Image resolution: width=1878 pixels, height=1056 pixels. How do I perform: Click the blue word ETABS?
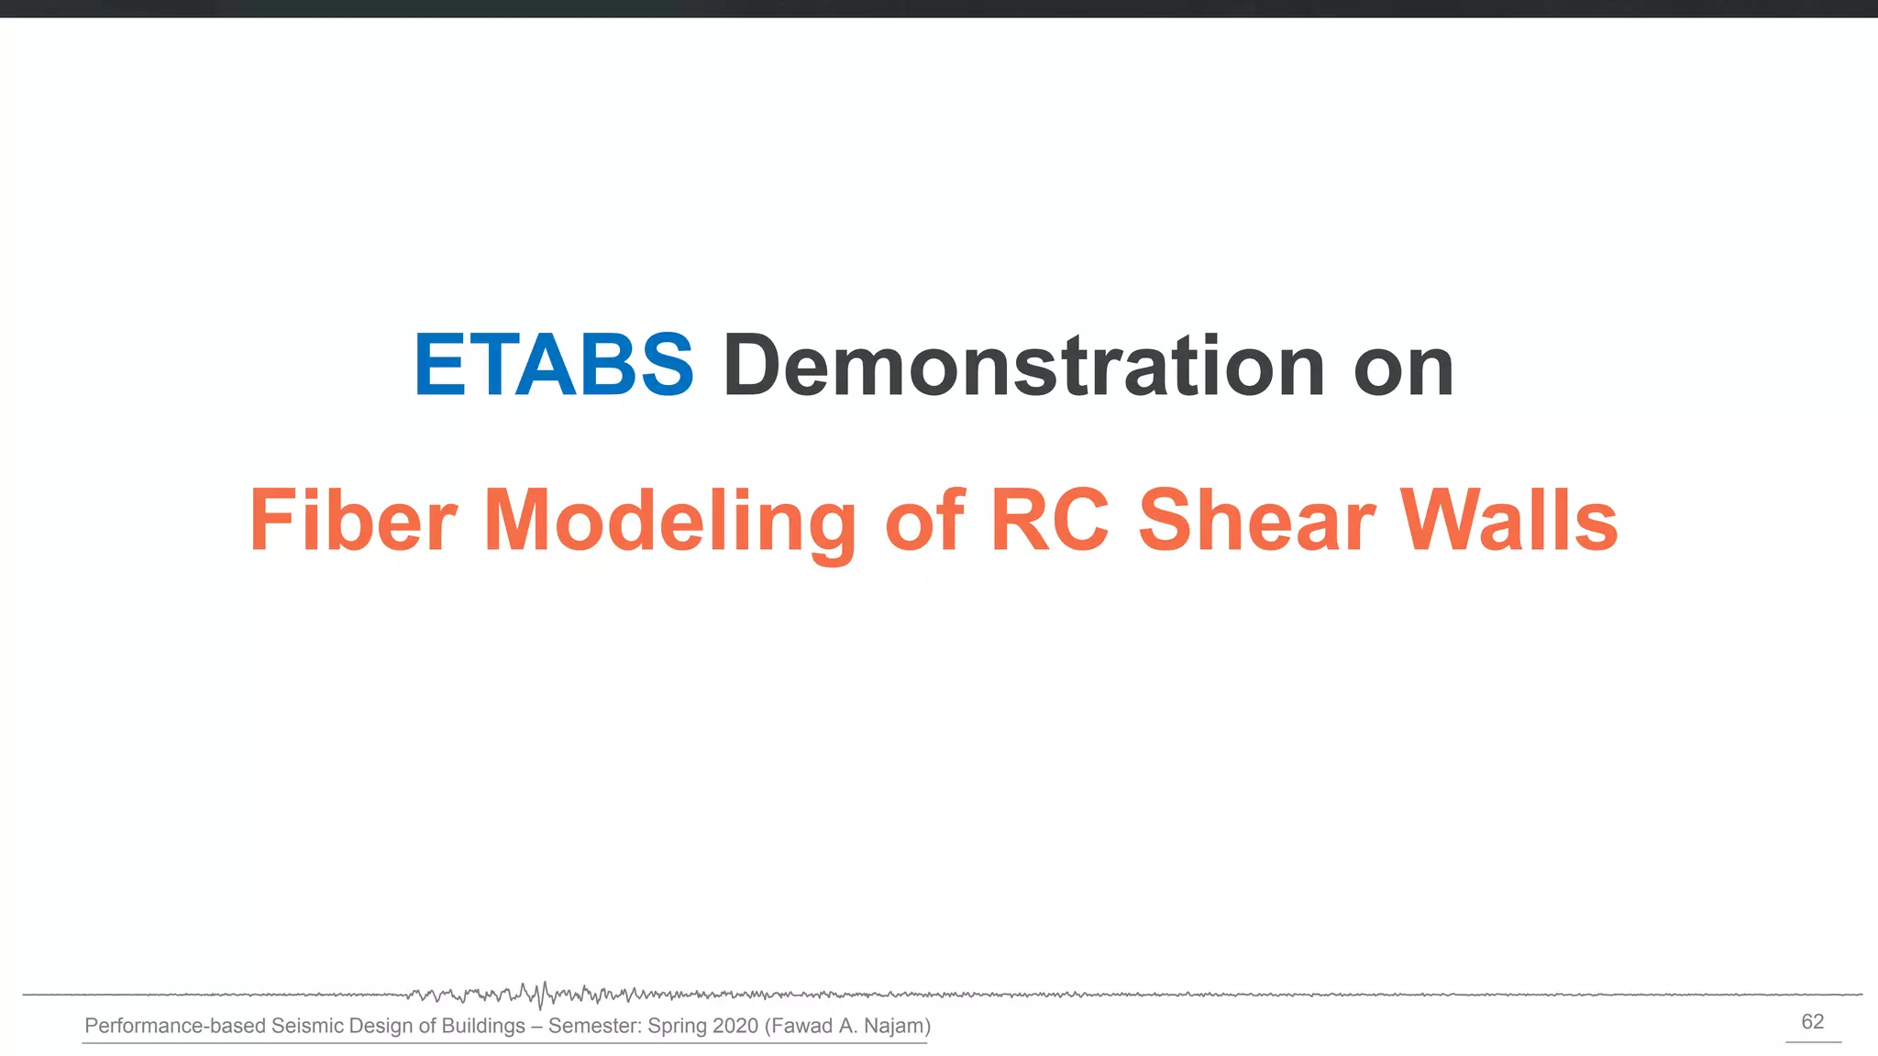click(x=554, y=366)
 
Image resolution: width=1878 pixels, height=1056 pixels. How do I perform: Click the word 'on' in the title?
click(x=1403, y=368)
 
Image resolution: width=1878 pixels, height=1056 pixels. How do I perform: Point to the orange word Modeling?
click(x=669, y=522)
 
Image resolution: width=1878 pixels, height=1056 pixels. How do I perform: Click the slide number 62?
click(x=1812, y=1022)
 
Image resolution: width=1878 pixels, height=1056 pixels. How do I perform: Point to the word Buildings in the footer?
click(x=483, y=1026)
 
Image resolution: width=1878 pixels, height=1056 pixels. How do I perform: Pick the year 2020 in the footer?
click(x=735, y=1026)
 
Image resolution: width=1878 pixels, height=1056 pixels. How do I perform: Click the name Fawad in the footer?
click(x=801, y=1026)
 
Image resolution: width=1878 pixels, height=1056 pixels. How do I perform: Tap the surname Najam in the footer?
click(x=896, y=1026)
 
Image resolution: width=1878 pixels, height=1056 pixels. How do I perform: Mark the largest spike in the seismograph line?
click(x=543, y=995)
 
